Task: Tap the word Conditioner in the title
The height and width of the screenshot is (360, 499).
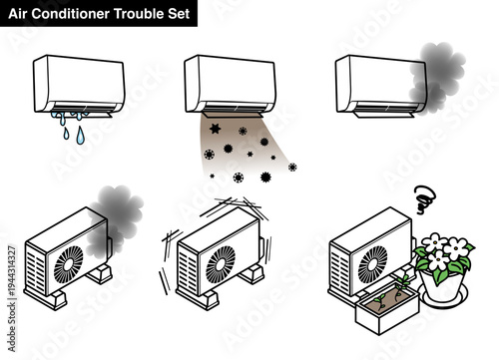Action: click(72, 12)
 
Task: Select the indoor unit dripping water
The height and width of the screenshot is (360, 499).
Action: click(79, 82)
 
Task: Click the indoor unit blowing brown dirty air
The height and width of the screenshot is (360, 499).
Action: click(231, 82)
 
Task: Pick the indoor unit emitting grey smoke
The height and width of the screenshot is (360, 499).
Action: click(379, 82)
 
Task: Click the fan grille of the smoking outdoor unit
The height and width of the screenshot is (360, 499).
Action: click(69, 264)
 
